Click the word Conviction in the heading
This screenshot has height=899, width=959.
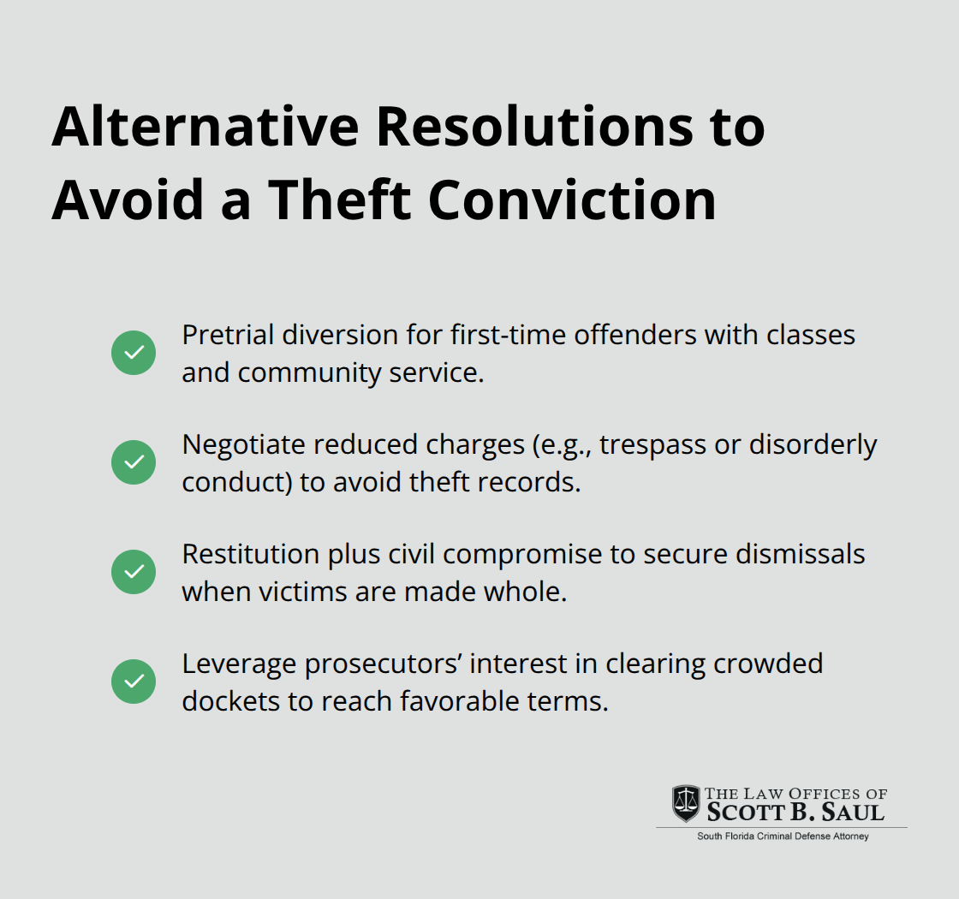click(572, 200)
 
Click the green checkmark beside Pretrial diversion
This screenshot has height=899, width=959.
click(134, 353)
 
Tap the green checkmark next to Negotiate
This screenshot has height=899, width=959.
click(134, 462)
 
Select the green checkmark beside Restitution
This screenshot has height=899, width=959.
click(134, 572)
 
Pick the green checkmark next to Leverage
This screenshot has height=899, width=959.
click(134, 682)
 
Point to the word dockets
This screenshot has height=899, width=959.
click(231, 701)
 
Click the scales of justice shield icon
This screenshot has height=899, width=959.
click(685, 803)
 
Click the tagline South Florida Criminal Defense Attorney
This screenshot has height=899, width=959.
click(782, 836)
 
